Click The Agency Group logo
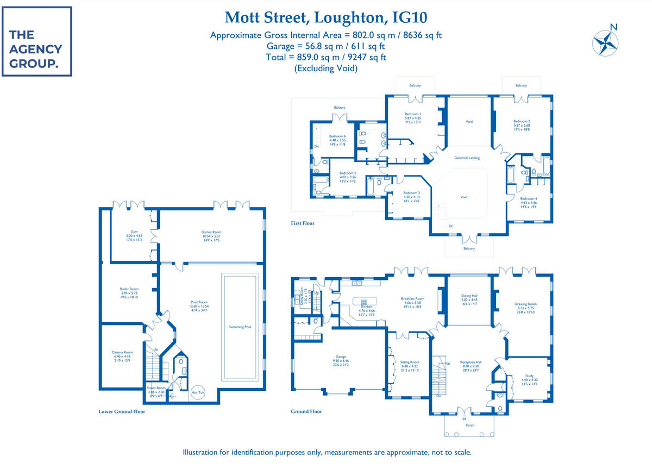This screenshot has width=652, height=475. point(36,42)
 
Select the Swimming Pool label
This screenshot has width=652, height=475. point(240,327)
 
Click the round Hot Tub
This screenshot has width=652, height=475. point(198,392)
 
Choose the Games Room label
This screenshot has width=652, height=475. point(210,232)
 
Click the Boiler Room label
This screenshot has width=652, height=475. point(129,289)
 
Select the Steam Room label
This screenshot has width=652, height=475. point(156,387)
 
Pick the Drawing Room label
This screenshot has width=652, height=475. point(525,304)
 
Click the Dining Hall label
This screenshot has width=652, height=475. point(469,296)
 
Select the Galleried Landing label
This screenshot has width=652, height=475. point(467,158)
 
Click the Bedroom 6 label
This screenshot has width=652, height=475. point(337,136)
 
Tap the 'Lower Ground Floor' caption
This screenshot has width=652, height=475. point(122,411)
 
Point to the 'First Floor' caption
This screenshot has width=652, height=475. point(303,223)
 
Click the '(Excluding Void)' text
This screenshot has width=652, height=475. point(326,68)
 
